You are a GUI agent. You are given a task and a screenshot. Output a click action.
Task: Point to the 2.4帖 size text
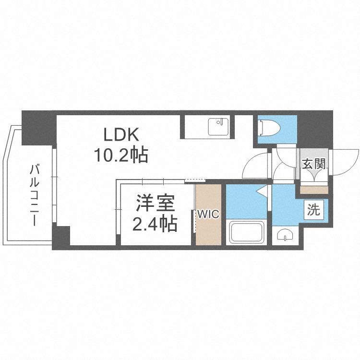155,224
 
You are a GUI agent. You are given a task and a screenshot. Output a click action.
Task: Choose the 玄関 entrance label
314,164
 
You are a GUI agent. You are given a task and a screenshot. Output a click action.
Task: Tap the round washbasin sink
285,235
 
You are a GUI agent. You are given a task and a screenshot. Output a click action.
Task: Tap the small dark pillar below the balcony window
61,237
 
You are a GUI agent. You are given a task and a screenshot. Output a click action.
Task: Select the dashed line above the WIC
195,181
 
